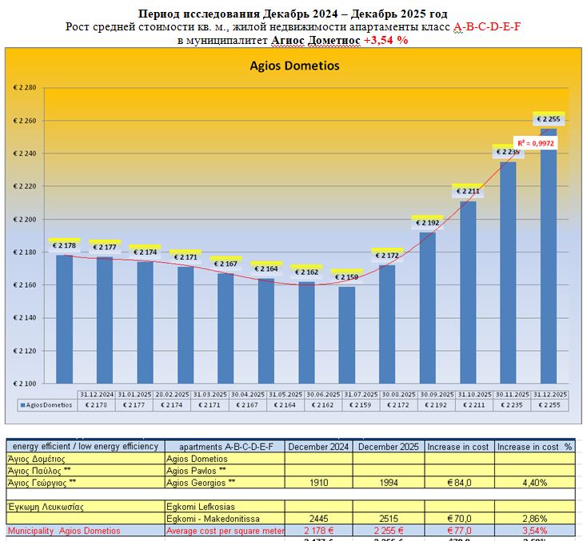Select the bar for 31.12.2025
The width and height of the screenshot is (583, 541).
pyautogui.click(x=549, y=256)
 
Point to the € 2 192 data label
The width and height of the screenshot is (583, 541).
pyautogui.click(x=427, y=224)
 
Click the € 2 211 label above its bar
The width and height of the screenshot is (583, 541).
pyautogui.click(x=468, y=191)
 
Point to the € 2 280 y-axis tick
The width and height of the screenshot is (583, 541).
pyautogui.click(x=25, y=88)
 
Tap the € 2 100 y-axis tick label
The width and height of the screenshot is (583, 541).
pyautogui.click(x=25, y=383)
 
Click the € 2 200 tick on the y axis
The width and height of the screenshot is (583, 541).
pyautogui.click(x=25, y=219)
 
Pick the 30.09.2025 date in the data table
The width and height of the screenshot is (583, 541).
pyautogui.click(x=428, y=395)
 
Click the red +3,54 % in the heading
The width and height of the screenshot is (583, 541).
pyautogui.click(x=385, y=40)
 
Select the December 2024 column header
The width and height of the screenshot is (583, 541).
pyautogui.click(x=319, y=447)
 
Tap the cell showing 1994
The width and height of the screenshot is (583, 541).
pyautogui.click(x=389, y=483)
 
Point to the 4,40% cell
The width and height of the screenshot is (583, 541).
pyautogui.click(x=534, y=483)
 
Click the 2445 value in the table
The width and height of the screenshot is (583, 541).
pyautogui.click(x=319, y=519)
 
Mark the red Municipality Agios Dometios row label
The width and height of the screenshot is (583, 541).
pyautogui.click(x=64, y=531)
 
